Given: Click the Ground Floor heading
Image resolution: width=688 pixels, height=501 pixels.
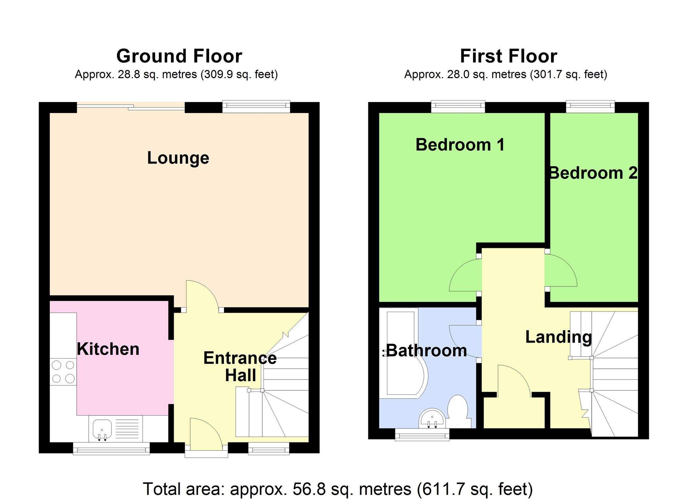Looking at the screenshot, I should click(x=179, y=56).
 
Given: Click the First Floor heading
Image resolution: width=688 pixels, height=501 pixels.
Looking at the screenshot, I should click(x=508, y=56).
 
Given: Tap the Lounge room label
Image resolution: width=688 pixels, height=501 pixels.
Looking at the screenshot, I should click(x=178, y=158).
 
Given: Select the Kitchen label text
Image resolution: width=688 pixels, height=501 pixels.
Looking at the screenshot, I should click(x=108, y=349).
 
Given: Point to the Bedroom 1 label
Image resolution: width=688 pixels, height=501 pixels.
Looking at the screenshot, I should click(x=460, y=145).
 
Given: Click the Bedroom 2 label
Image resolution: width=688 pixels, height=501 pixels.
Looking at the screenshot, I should click(x=593, y=173).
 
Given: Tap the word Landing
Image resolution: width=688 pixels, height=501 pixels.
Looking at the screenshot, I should click(x=558, y=337).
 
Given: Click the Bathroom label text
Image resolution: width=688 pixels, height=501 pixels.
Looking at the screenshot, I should click(x=427, y=351).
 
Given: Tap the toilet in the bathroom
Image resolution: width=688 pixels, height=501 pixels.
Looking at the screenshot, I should click(x=458, y=409).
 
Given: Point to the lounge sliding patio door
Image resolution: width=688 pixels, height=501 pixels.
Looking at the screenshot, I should click(x=131, y=107).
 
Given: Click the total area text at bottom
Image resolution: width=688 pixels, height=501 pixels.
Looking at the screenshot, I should click(x=337, y=489).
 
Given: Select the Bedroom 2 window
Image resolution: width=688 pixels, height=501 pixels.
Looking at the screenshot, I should click(x=590, y=107).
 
